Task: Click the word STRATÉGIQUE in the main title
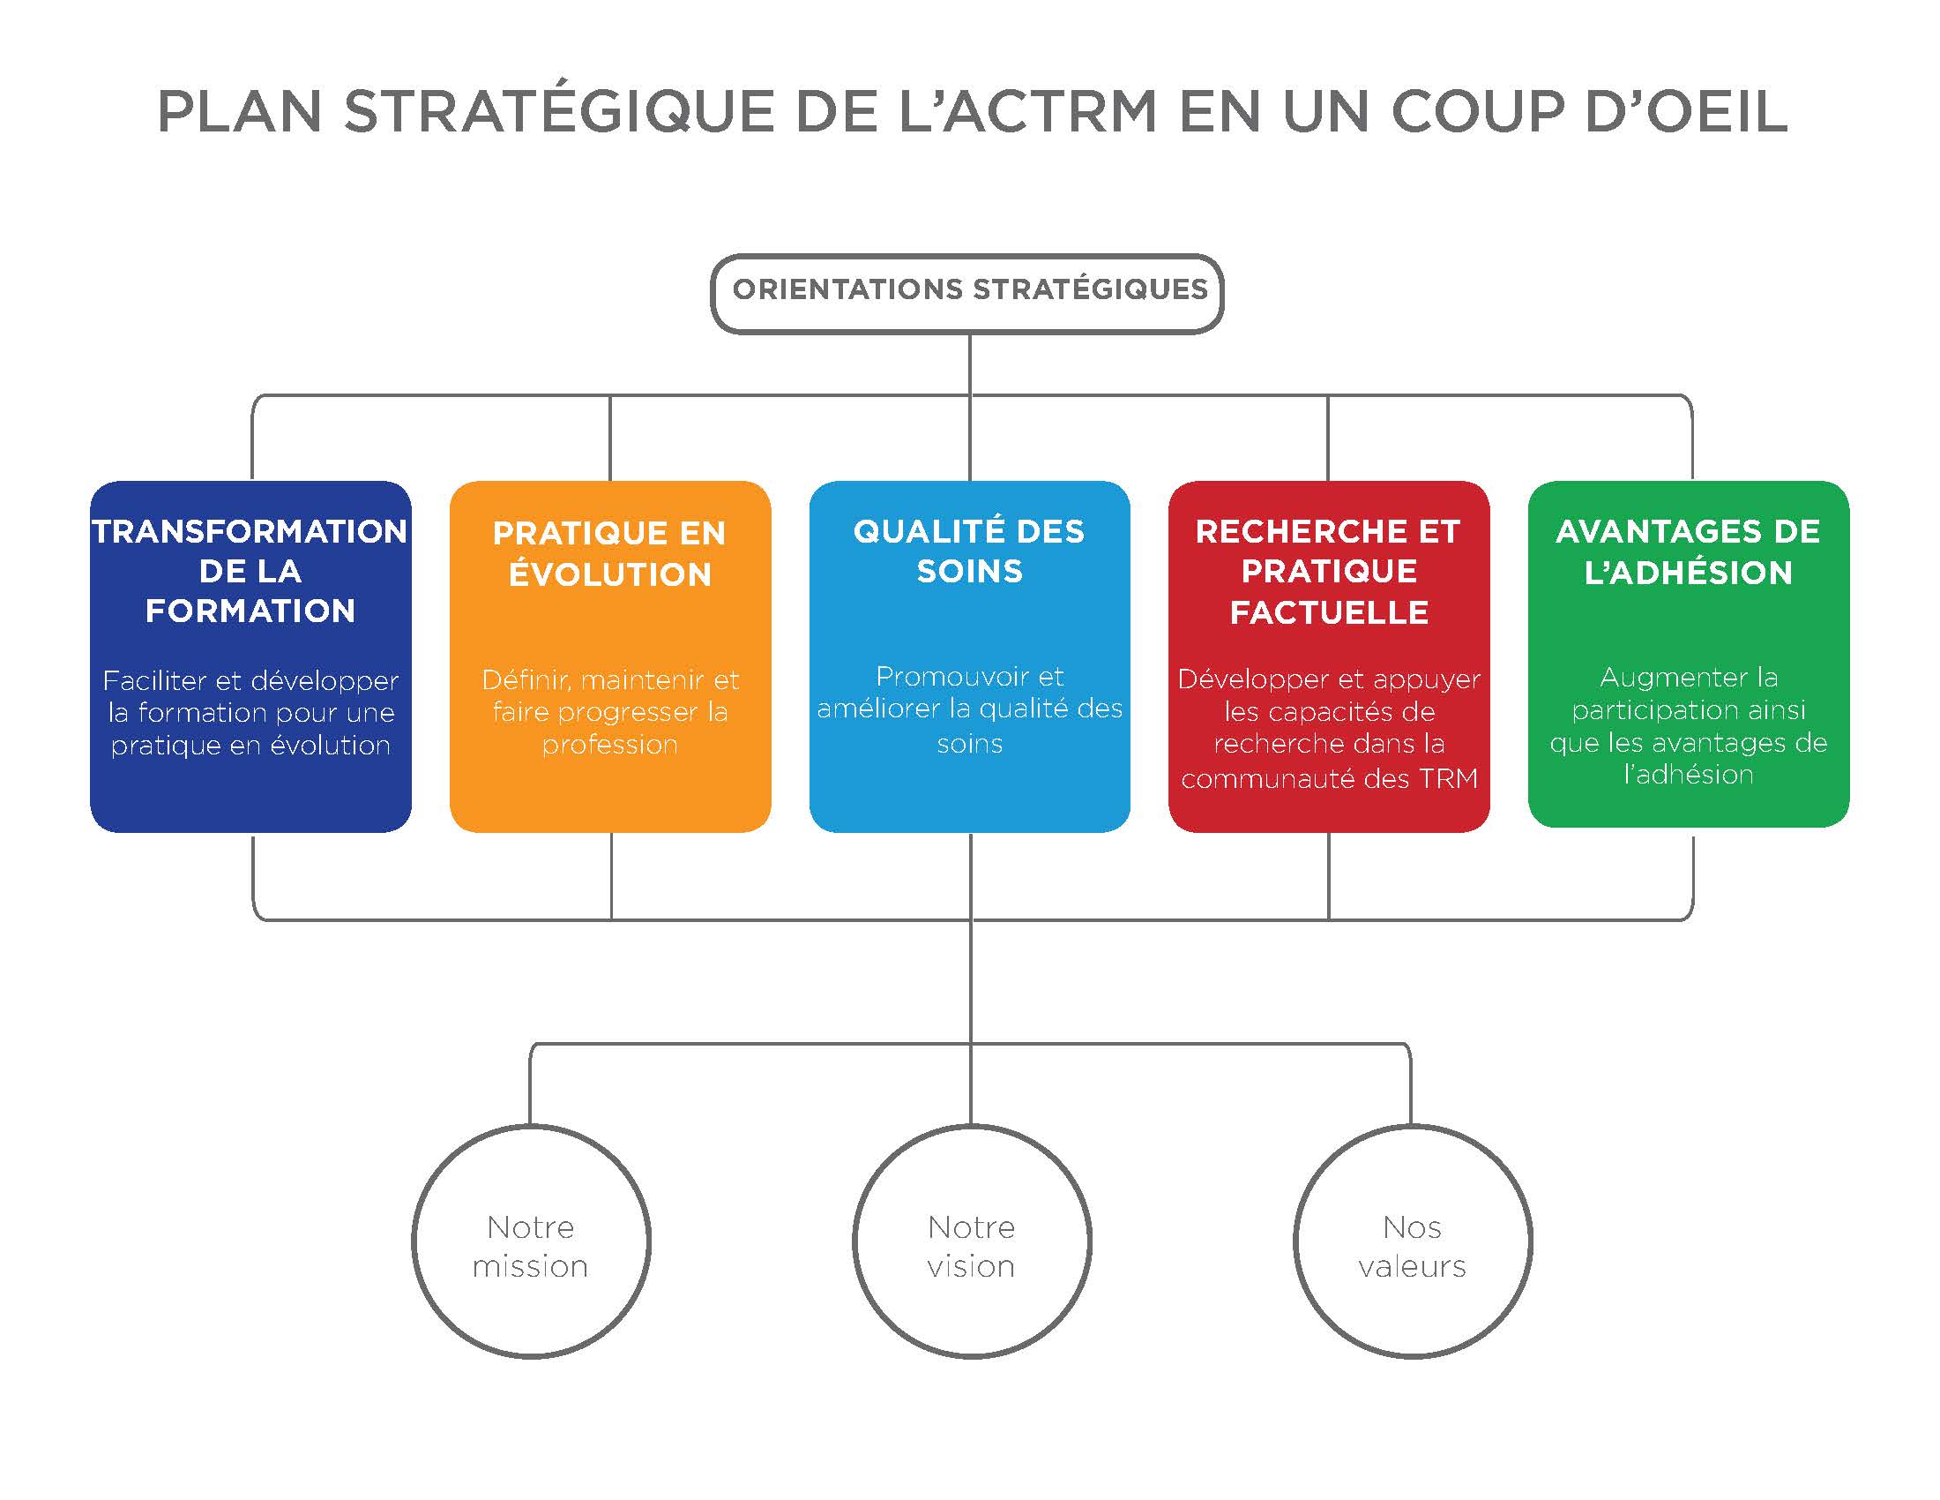tap(559, 112)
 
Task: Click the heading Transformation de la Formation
tap(250, 572)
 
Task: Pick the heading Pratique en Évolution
tap(610, 553)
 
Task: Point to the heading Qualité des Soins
tap(969, 551)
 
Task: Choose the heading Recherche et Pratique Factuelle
tap(1328, 572)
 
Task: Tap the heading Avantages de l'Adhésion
tap(1688, 551)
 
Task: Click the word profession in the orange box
tap(610, 745)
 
